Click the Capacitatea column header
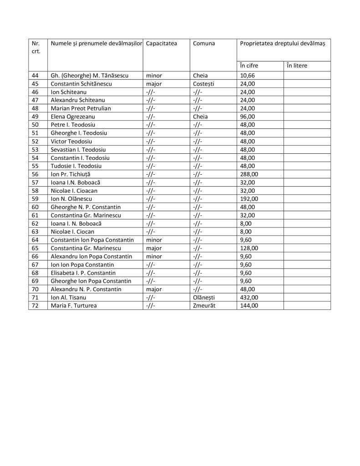pyautogui.click(x=162, y=43)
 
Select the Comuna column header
pyautogui.click(x=204, y=43)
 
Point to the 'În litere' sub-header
pyautogui.click(x=297, y=66)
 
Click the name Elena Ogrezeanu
pyautogui.click(x=73, y=116)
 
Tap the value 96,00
pyautogui.click(x=248, y=116)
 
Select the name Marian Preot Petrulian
pyautogui.click(x=81, y=108)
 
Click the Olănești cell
pyautogui.click(x=205, y=297)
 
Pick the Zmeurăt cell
pyautogui.click(x=204, y=305)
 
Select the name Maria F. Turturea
pyautogui.click(x=74, y=305)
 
